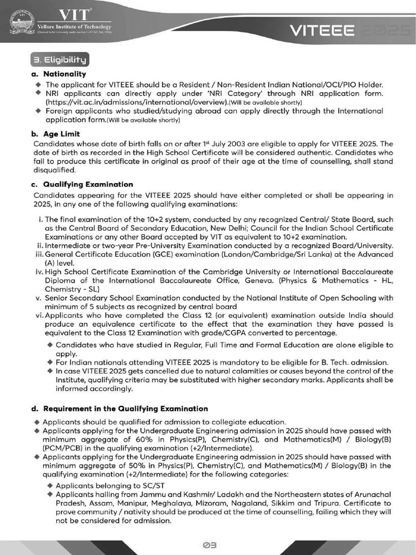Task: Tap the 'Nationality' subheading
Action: [x=64, y=74]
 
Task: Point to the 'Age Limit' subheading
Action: [x=62, y=134]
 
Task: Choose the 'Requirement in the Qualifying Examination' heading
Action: [x=125, y=408]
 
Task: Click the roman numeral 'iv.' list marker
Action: [x=39, y=271]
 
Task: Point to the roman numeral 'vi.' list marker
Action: [x=39, y=315]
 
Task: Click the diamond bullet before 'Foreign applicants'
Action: [x=38, y=111]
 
